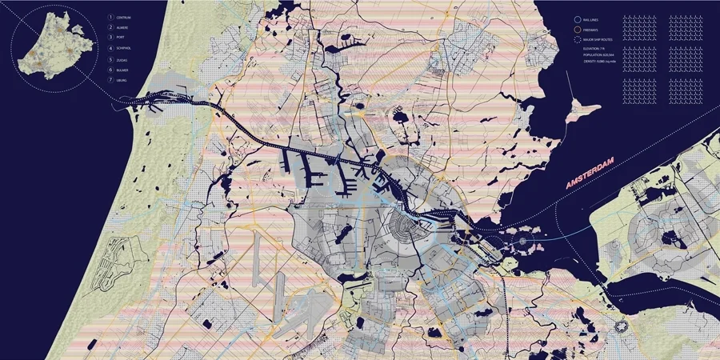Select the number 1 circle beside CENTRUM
110,16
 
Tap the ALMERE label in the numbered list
124,26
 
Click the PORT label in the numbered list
122,38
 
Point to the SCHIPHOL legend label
126,49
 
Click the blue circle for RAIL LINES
577,18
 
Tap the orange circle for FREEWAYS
577,29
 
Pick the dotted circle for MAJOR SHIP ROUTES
577,39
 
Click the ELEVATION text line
596,50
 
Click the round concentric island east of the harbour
524,237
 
